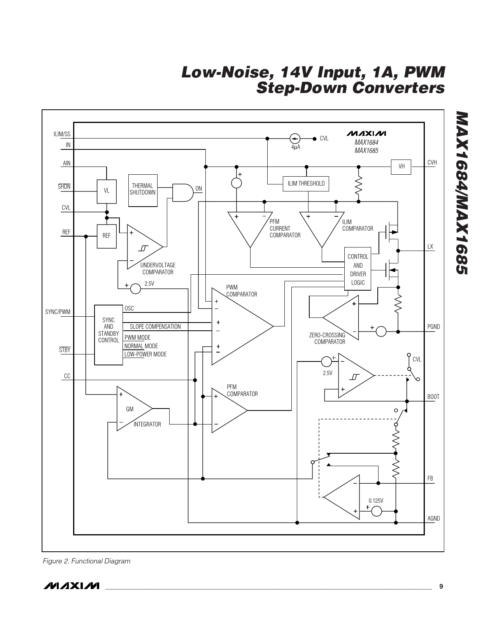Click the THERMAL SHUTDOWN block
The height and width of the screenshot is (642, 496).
(x=143, y=190)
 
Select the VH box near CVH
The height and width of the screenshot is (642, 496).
(x=401, y=167)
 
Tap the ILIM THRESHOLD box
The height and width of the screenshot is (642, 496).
(x=306, y=184)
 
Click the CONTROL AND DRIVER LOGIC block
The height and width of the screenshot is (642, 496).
(x=358, y=269)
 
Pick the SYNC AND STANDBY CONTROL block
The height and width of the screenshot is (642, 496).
(x=109, y=335)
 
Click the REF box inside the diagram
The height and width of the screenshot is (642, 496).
(x=107, y=236)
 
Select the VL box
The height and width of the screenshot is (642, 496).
(x=107, y=191)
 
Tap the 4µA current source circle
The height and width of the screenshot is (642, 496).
(x=295, y=139)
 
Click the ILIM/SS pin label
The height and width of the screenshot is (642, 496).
(x=62, y=134)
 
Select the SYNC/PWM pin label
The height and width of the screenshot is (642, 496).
(x=58, y=312)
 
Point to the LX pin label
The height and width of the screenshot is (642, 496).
(x=430, y=247)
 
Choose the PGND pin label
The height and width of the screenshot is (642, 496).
(x=433, y=327)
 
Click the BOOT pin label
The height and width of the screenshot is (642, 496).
(x=433, y=397)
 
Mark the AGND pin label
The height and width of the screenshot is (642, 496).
(x=433, y=519)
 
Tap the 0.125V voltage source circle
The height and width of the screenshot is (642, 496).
(x=377, y=511)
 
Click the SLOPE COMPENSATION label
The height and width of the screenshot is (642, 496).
(x=155, y=327)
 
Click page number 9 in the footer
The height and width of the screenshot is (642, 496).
(x=441, y=586)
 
